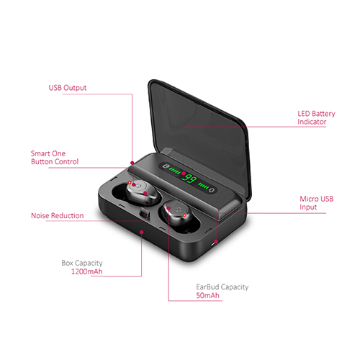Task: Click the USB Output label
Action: click(x=68, y=88)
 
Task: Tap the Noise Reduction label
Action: click(x=58, y=215)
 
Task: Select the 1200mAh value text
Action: click(x=87, y=271)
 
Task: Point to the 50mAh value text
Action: click(x=207, y=295)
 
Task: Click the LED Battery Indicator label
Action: click(x=316, y=117)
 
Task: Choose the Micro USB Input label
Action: click(x=317, y=203)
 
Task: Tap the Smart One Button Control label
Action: click(x=55, y=158)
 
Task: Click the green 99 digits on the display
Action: click(x=189, y=179)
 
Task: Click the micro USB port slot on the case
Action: click(x=213, y=245)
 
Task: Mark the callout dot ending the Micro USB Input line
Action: click(x=216, y=241)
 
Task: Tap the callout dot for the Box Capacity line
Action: click(x=142, y=232)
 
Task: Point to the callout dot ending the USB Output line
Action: click(x=132, y=163)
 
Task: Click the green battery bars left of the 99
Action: click(x=174, y=171)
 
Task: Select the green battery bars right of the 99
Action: click(x=203, y=185)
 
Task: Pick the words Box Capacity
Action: click(x=82, y=263)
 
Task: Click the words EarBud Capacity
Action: click(x=222, y=287)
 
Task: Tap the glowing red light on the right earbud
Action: click(x=184, y=215)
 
